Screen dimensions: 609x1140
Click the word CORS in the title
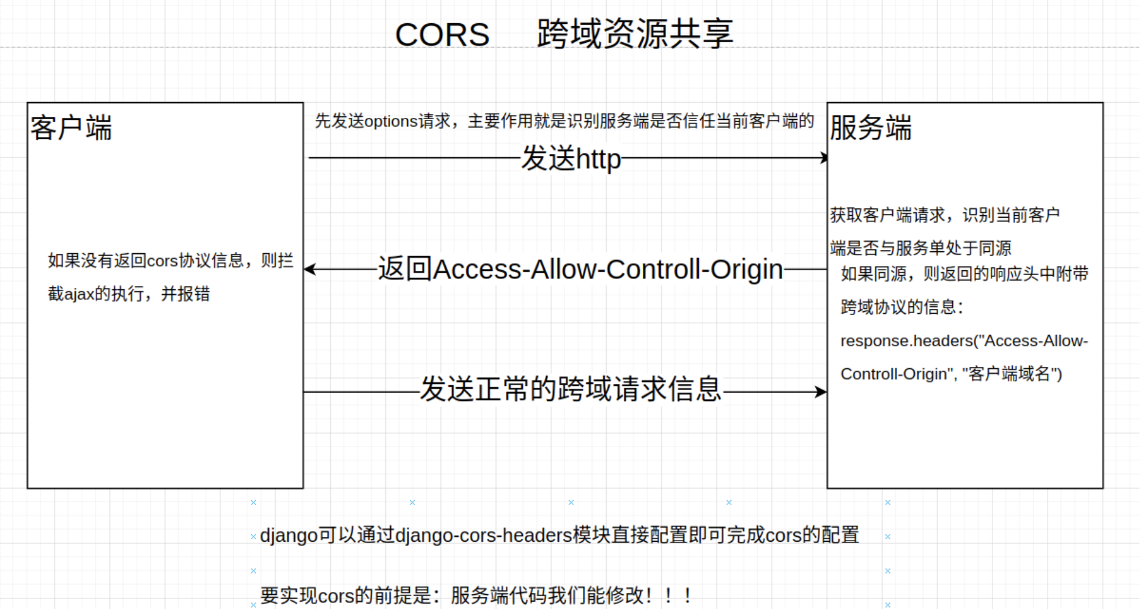click(x=442, y=35)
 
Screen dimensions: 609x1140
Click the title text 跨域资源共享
click(x=635, y=34)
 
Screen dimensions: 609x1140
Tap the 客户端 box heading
click(x=71, y=128)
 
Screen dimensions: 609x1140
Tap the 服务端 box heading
click(x=870, y=128)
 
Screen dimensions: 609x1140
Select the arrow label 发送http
click(x=571, y=159)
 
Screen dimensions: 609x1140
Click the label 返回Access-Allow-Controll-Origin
click(x=580, y=269)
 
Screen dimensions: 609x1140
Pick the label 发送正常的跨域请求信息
click(x=571, y=389)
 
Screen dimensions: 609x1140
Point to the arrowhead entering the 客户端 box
click(x=309, y=269)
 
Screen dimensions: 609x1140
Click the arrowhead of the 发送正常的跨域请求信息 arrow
click(x=821, y=392)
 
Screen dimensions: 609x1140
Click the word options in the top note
click(x=391, y=121)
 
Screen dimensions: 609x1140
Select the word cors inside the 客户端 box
click(x=162, y=261)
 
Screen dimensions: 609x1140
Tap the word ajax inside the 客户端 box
click(x=79, y=294)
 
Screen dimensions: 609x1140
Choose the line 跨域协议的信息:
click(x=901, y=307)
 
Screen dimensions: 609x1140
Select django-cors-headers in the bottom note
click(x=483, y=536)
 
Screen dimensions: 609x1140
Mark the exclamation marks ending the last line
click(x=668, y=595)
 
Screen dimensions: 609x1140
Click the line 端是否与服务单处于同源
click(x=920, y=248)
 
